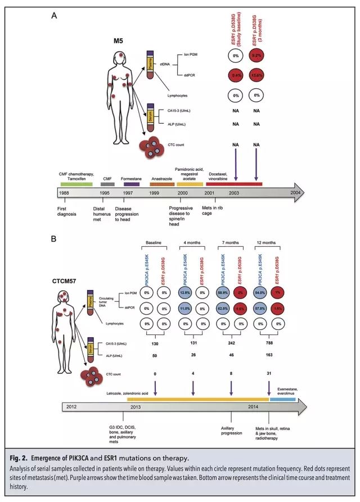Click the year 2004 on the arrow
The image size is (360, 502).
296,192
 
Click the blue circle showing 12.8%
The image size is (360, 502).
185,293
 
